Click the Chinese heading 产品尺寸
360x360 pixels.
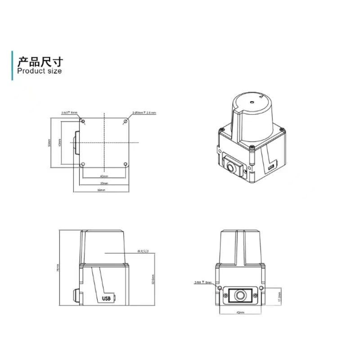coord(40,61)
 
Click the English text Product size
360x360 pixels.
coord(39,71)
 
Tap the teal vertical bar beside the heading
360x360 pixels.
coord(12,66)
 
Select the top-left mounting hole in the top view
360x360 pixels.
coord(83,121)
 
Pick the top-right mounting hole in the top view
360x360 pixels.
coord(126,121)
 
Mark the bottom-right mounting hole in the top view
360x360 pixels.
coord(126,164)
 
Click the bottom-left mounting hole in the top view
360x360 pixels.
coord(83,164)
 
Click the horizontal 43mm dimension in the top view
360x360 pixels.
coord(104,176)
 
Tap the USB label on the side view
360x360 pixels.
coord(107,298)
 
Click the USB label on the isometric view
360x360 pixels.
coord(270,167)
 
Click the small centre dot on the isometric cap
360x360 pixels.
coord(252,102)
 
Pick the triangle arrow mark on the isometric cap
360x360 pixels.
coord(261,96)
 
